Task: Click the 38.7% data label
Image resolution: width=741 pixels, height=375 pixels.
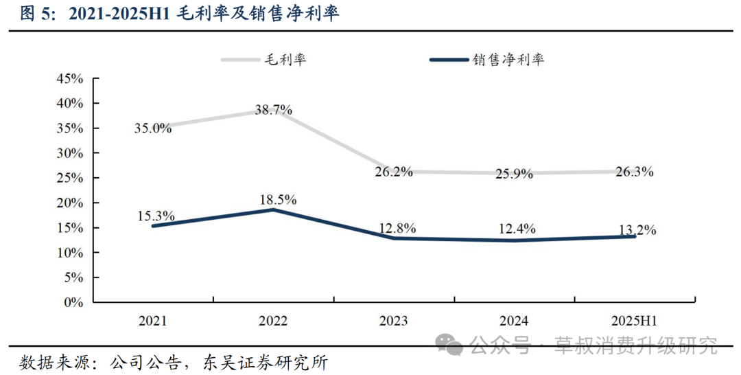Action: (273, 110)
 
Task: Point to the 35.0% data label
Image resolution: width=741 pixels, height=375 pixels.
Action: (152, 128)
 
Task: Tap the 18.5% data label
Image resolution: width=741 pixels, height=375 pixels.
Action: (278, 200)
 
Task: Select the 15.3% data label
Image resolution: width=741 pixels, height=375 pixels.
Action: (156, 216)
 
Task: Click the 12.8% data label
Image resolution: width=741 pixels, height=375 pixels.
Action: (397, 229)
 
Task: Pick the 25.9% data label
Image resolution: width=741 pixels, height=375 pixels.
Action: (514, 174)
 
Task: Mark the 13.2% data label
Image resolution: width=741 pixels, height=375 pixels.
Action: (637, 230)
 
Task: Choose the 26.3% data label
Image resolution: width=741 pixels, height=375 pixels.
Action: (635, 172)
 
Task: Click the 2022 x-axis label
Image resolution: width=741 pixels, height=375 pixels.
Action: (273, 321)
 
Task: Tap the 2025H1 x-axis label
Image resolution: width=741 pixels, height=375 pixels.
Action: (634, 321)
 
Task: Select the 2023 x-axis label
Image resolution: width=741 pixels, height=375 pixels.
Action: (393, 321)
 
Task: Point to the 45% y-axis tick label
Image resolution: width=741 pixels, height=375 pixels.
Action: (70, 78)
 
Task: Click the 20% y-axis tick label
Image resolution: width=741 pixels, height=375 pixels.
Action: (70, 203)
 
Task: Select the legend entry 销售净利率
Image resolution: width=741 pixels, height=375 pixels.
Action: (487, 59)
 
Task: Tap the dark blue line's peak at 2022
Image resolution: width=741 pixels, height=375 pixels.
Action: (273, 209)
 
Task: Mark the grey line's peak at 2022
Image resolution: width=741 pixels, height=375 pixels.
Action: (273, 113)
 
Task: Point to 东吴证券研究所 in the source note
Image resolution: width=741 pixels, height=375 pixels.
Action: (265, 363)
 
